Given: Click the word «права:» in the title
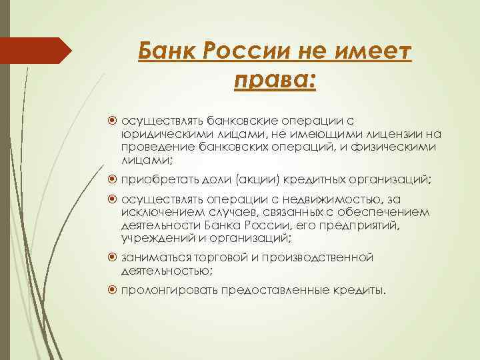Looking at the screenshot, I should (274, 81).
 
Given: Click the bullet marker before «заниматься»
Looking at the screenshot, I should (113, 257).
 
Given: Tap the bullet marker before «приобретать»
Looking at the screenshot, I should (113, 179).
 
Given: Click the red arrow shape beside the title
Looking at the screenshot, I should (36, 50).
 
